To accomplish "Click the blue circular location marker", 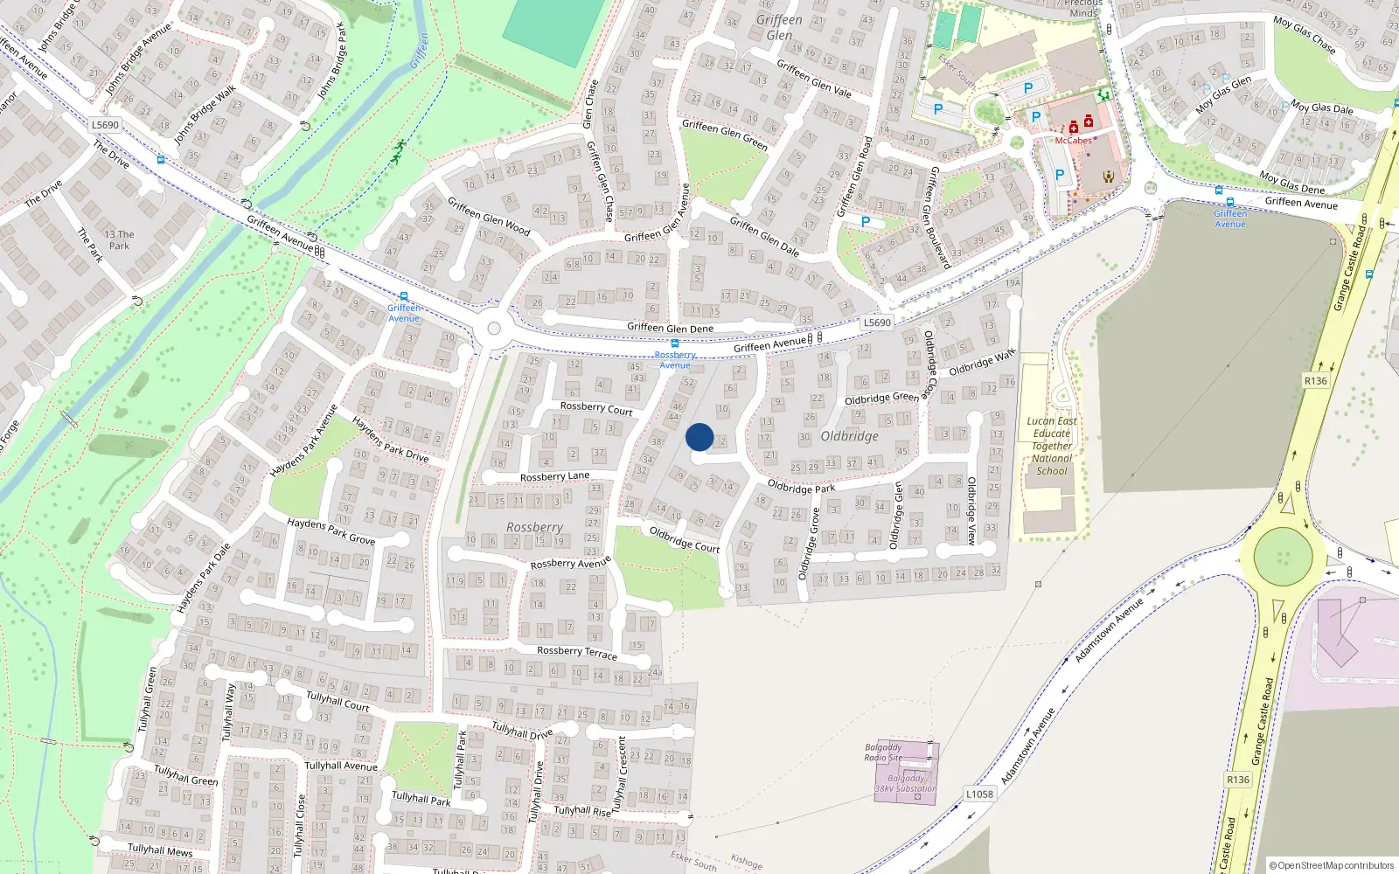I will [x=699, y=437].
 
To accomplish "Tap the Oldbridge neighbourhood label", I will [x=849, y=436].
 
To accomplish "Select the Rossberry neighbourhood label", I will [x=534, y=527].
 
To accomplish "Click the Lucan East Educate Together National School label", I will [x=1051, y=446].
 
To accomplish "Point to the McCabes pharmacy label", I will [x=1073, y=140].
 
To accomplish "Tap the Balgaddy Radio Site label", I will [x=883, y=753].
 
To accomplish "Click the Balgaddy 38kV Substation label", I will [x=906, y=783].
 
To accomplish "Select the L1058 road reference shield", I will [x=979, y=794].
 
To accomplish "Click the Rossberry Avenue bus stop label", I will [x=675, y=360].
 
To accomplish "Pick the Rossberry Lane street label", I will [x=554, y=476].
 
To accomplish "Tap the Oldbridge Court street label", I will [x=685, y=539].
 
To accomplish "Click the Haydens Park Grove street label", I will [x=331, y=531].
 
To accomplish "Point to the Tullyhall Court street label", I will [x=338, y=701].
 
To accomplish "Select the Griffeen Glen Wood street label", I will [x=489, y=216].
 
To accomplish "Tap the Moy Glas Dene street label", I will [x=1291, y=182].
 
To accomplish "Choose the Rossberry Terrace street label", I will [x=576, y=652].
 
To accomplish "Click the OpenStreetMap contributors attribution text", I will [x=1331, y=865].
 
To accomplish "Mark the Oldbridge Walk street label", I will [x=982, y=363].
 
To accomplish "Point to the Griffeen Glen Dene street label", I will [x=670, y=328].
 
